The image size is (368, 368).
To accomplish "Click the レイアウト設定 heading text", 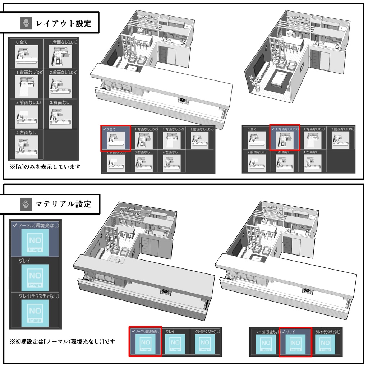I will [x=64, y=24].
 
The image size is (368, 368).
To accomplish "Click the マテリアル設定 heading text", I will [x=63, y=204].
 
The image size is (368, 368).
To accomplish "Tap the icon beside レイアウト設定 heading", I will [x=26, y=24].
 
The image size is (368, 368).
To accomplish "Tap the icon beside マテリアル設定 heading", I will [x=26, y=204].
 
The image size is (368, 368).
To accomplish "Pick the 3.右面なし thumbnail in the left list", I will [x=60, y=116].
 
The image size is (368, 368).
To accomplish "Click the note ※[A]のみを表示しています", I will [x=45, y=167].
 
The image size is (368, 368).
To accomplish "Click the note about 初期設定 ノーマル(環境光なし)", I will [x=63, y=341].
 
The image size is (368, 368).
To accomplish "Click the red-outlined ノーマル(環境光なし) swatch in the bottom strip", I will [x=145, y=344].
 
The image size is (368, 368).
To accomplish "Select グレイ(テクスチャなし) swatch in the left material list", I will [x=35, y=313].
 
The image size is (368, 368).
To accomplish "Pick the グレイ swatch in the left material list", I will [x=35, y=277].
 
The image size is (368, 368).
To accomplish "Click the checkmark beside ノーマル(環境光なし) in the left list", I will [x=15, y=225].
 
